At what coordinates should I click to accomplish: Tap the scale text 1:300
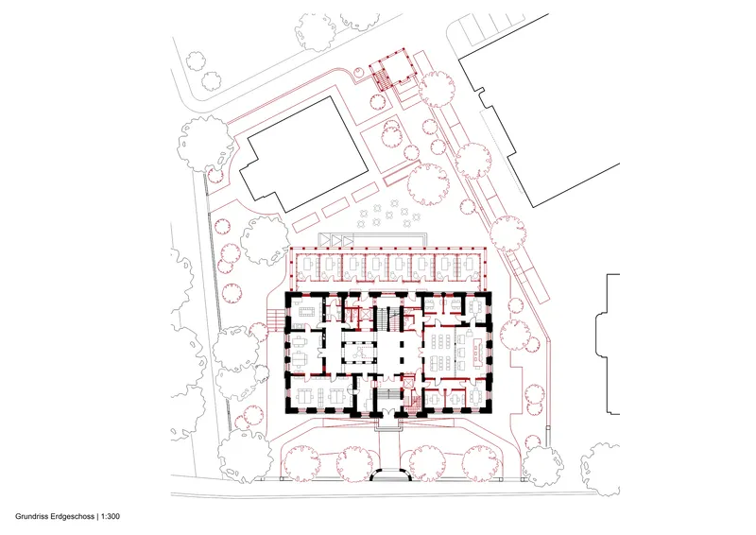pyautogui.click(x=111, y=517)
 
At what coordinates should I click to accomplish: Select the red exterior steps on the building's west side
pyautogui.click(x=276, y=319)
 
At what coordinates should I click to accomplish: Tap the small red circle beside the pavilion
pyautogui.click(x=359, y=73)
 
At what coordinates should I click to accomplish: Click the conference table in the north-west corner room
pyautogui.click(x=305, y=311)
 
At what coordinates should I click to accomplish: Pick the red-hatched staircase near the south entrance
pyautogui.click(x=413, y=403)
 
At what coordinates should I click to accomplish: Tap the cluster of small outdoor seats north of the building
pyautogui.click(x=389, y=215)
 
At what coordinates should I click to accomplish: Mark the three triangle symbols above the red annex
pyautogui.click(x=336, y=239)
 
